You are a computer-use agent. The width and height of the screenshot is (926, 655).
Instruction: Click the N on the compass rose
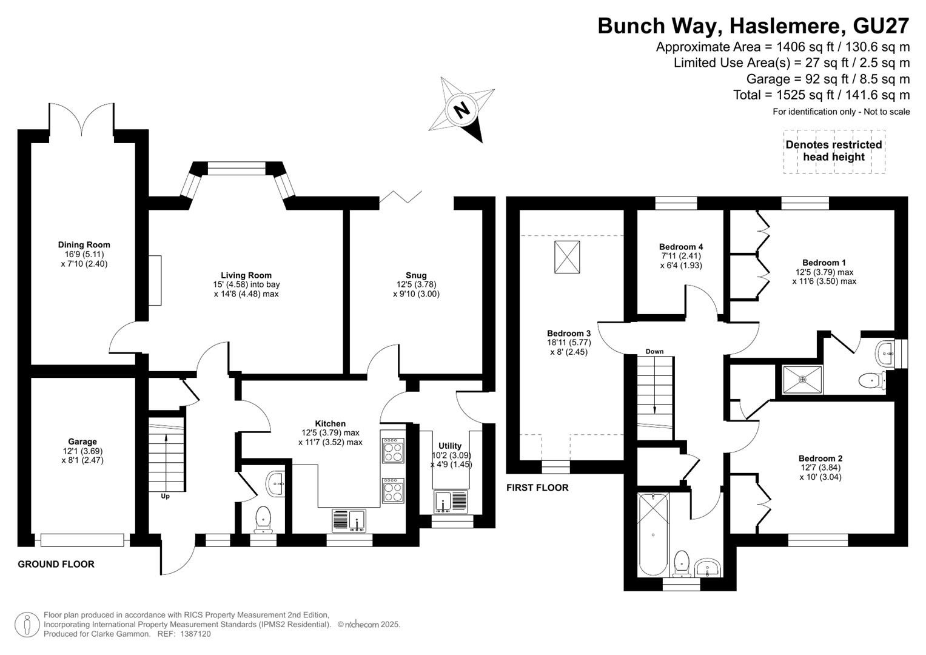(461, 110)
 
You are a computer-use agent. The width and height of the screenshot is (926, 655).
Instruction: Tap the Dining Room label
(84, 245)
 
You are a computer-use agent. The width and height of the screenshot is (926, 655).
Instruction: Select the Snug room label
(416, 275)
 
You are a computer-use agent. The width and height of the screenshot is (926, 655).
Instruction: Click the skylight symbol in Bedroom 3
(567, 257)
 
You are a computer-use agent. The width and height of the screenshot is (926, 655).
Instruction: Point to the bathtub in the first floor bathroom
(653, 535)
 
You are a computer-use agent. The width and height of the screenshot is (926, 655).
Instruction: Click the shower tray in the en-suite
(802, 379)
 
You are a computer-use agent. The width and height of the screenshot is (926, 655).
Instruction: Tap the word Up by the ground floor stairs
(165, 496)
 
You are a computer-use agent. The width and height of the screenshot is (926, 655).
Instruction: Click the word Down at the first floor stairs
(654, 352)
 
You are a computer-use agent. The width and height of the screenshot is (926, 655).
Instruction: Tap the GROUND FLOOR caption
(56, 564)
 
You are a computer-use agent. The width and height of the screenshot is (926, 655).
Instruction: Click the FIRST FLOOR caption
(537, 488)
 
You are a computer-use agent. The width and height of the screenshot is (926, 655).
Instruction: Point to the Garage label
(82, 442)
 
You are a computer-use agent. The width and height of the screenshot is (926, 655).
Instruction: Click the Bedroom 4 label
(681, 247)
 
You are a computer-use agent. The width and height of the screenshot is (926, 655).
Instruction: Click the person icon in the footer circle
(27, 625)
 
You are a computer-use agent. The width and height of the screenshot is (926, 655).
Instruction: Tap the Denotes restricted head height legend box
(834, 152)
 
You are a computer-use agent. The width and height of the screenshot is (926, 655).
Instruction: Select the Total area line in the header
(822, 95)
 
